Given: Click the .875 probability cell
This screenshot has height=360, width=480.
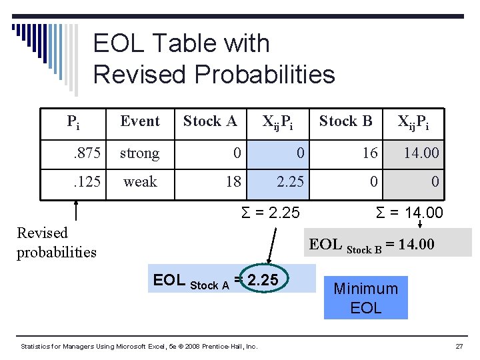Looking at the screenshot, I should (87, 153).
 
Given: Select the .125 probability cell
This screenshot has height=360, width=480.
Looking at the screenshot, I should (87, 182).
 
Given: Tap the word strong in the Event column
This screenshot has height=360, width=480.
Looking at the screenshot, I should (139, 153).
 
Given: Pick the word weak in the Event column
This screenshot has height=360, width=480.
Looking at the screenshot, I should (140, 182).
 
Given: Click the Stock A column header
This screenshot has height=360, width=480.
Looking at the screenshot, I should (210, 121).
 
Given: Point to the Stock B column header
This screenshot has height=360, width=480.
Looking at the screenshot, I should (345, 121).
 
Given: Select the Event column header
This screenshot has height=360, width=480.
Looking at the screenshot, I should (140, 121).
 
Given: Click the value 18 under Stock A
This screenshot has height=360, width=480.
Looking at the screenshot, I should (233, 182).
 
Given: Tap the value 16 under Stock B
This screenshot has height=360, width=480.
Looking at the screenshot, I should (370, 153).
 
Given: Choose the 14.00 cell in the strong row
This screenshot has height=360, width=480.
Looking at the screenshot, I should (422, 153).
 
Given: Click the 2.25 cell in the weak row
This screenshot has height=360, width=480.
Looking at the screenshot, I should (291, 182).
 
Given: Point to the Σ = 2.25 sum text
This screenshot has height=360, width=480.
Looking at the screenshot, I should (270, 213).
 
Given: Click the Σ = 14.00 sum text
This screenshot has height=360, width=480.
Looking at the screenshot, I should (409, 213).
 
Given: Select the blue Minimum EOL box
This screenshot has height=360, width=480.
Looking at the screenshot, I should (365, 298).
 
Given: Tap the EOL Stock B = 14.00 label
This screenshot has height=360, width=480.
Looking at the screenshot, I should (371, 245).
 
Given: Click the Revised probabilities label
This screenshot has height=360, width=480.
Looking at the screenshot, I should (57, 242).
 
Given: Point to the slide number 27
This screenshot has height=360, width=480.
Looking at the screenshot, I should (459, 347).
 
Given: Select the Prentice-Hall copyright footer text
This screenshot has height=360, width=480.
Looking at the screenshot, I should (139, 347).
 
